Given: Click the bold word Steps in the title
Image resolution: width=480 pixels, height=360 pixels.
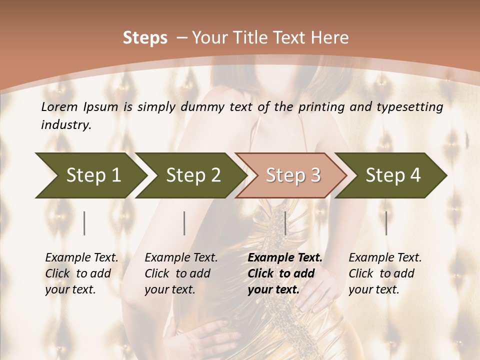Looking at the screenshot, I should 145,38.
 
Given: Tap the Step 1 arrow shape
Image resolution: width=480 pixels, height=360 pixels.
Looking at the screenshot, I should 90,175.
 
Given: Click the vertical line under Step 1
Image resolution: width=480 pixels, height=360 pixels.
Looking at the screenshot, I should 84,223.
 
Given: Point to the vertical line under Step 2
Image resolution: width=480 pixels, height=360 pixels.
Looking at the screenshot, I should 184,223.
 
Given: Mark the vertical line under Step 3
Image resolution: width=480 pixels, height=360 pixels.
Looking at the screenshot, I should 285,223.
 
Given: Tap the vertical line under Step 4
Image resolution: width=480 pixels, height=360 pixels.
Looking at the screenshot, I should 386,223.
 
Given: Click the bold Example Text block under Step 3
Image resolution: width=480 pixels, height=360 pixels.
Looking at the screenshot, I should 285,273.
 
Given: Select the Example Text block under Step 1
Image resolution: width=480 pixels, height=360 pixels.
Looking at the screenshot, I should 81,273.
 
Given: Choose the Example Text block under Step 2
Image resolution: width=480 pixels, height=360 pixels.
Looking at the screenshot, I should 181,273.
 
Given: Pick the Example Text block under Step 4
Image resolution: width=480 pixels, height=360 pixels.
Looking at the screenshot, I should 385,273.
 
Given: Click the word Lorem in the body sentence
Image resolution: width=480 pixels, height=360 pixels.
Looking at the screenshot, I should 59,107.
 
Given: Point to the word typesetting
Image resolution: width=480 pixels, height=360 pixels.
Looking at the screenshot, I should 413,107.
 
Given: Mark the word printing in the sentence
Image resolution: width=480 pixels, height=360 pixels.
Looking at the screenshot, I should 322,107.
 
